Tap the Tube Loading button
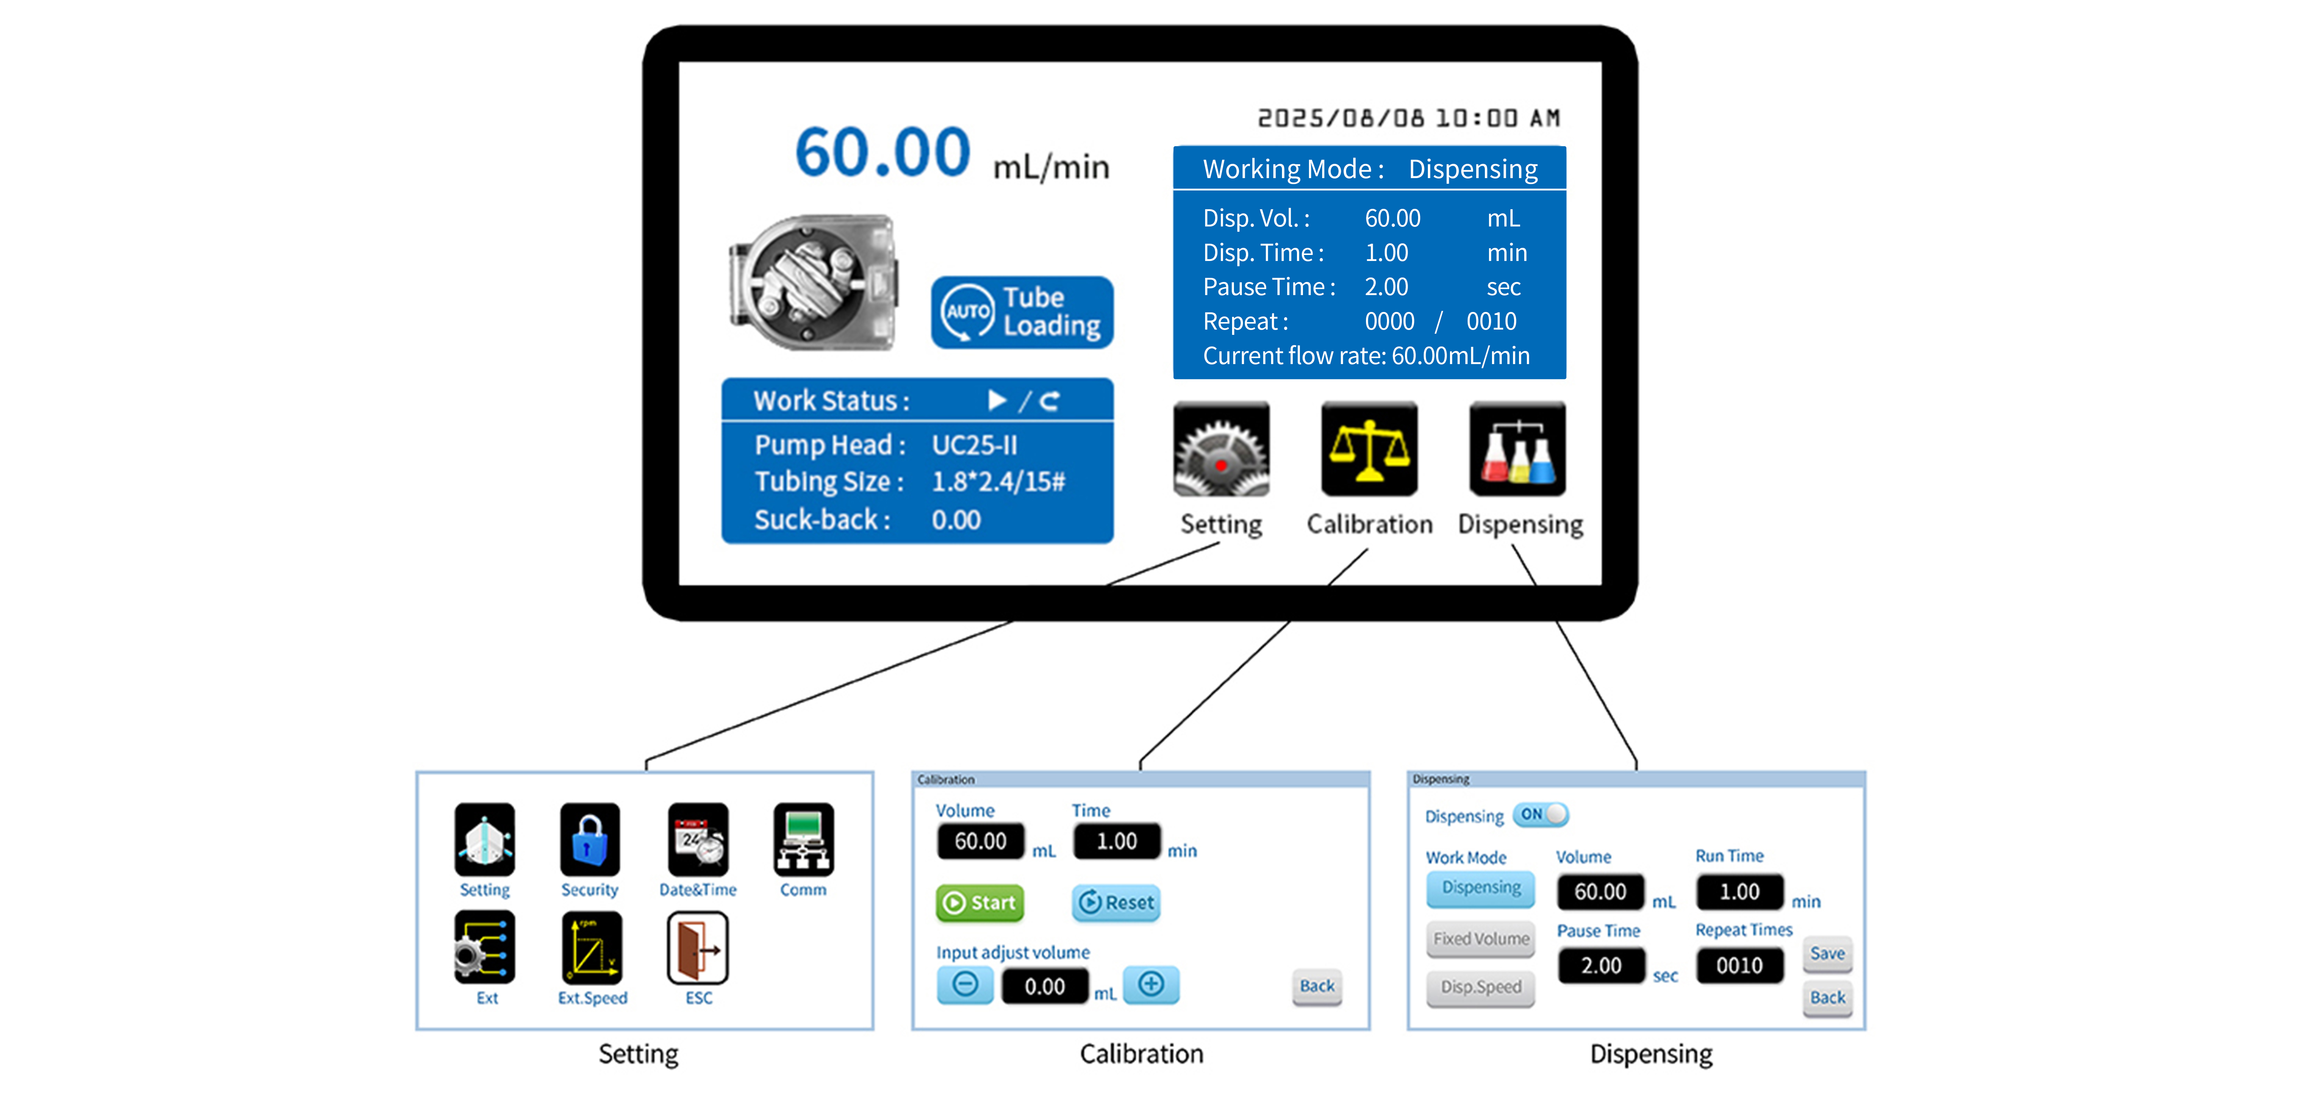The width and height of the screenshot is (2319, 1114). pyautogui.click(x=1022, y=312)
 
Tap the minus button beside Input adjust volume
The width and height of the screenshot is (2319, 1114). pyautogui.click(x=965, y=984)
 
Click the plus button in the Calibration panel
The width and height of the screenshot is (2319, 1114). pyautogui.click(x=1150, y=984)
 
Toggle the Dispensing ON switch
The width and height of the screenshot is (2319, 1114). pyautogui.click(x=1540, y=814)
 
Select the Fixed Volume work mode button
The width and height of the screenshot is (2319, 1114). pyautogui.click(x=1481, y=939)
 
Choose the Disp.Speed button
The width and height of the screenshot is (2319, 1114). pyautogui.click(x=1481, y=987)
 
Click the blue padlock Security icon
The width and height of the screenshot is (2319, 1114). pyautogui.click(x=590, y=840)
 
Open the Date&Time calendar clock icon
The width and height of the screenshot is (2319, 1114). pyautogui.click(x=698, y=840)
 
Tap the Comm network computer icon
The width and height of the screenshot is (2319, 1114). pyautogui.click(x=803, y=840)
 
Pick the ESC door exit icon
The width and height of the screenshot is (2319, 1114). pyautogui.click(x=698, y=948)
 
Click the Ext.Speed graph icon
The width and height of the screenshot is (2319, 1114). pyautogui.click(x=591, y=948)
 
